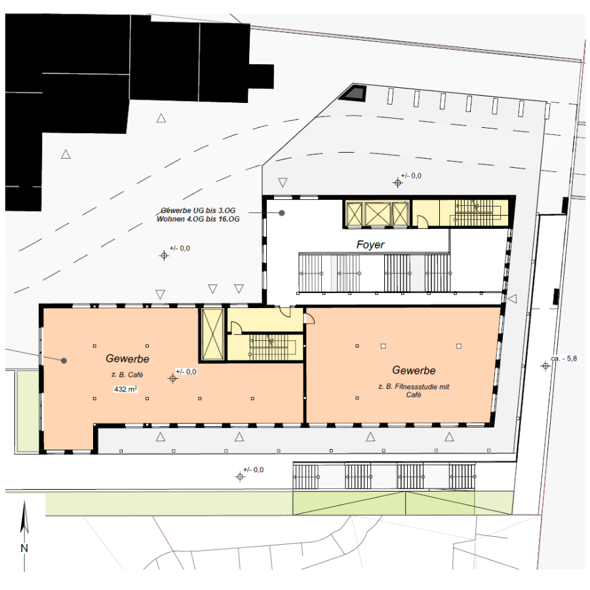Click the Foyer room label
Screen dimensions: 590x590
[370, 245]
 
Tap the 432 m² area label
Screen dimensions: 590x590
[125, 389]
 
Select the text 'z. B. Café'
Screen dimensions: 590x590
[127, 375]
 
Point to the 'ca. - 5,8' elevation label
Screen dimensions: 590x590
[564, 359]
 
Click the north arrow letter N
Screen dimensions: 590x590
[24, 548]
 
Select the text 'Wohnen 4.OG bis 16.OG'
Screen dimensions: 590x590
[198, 219]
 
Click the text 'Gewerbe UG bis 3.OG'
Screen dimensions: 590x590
[198, 210]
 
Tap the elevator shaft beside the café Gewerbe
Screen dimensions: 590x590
[212, 335]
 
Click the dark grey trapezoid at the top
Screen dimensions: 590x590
[353, 92]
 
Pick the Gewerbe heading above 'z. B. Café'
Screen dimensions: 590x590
[128, 359]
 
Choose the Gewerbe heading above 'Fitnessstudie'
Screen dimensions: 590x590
[414, 370]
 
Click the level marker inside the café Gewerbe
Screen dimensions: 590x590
[173, 378]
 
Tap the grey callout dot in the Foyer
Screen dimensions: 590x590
[281, 213]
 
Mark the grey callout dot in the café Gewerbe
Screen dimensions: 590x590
[64, 361]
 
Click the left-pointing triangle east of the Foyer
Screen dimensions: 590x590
[512, 299]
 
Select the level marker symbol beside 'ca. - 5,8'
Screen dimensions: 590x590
[545, 366]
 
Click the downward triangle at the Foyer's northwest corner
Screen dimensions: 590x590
[283, 182]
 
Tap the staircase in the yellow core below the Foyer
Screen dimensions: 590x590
[271, 348]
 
